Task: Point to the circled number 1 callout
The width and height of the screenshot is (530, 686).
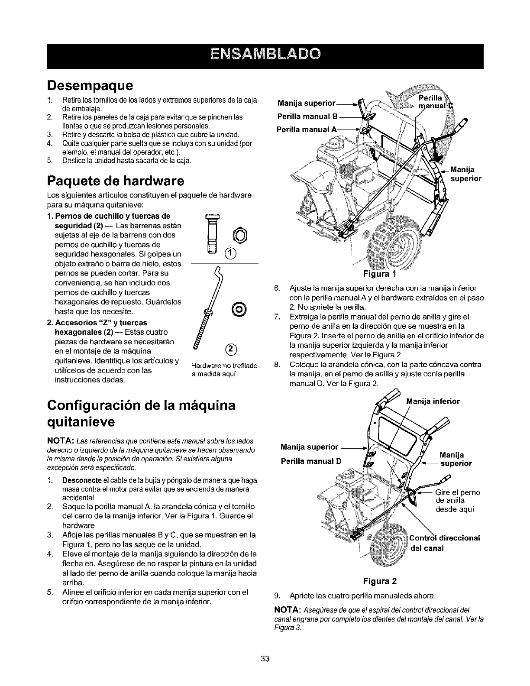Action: coord(219,254)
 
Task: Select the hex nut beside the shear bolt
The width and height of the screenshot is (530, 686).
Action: coord(231,236)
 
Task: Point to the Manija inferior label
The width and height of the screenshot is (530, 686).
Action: coord(433,401)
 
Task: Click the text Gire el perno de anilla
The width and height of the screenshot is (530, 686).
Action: coord(457,501)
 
